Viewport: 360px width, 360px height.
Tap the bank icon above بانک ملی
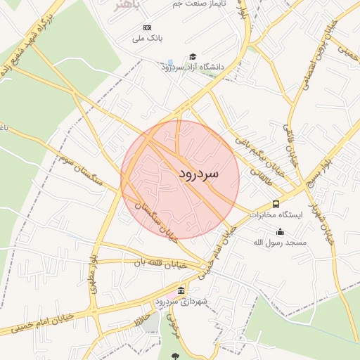[147, 27]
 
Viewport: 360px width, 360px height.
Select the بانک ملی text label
[148, 39]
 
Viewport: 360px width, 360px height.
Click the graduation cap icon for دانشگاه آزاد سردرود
[193, 56]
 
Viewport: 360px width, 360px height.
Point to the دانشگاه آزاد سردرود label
[192, 67]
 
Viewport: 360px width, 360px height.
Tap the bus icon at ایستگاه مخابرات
[275, 204]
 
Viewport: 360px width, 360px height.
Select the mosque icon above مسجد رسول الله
[281, 231]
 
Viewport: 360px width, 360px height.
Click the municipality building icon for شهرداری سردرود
[181, 290]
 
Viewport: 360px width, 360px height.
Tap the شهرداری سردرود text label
[181, 302]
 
